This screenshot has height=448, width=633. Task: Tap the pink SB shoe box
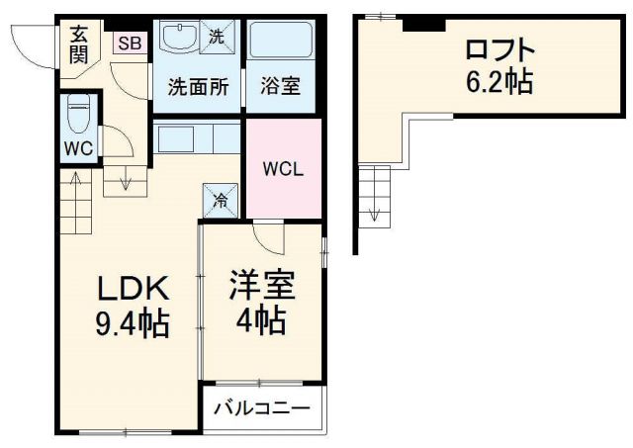click(128, 43)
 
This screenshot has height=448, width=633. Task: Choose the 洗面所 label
click(197, 87)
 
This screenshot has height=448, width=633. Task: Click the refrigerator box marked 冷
click(221, 201)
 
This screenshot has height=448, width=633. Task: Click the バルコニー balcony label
click(262, 407)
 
